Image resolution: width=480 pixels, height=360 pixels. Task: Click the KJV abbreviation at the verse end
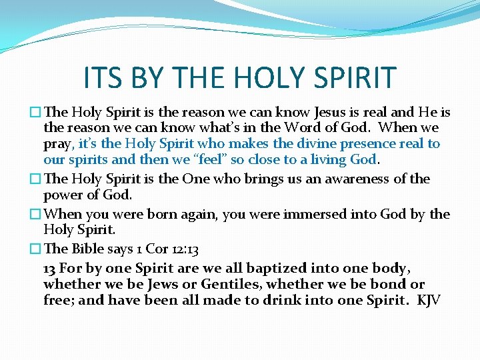[429, 300]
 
